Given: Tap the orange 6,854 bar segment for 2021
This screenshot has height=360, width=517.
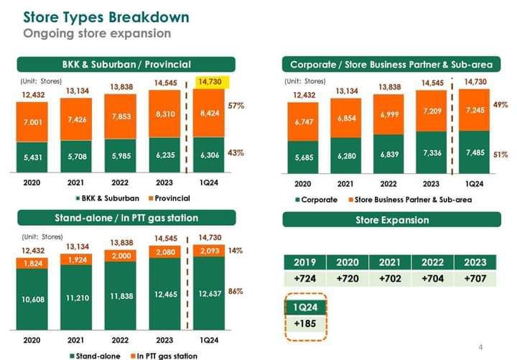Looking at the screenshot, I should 348,118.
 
